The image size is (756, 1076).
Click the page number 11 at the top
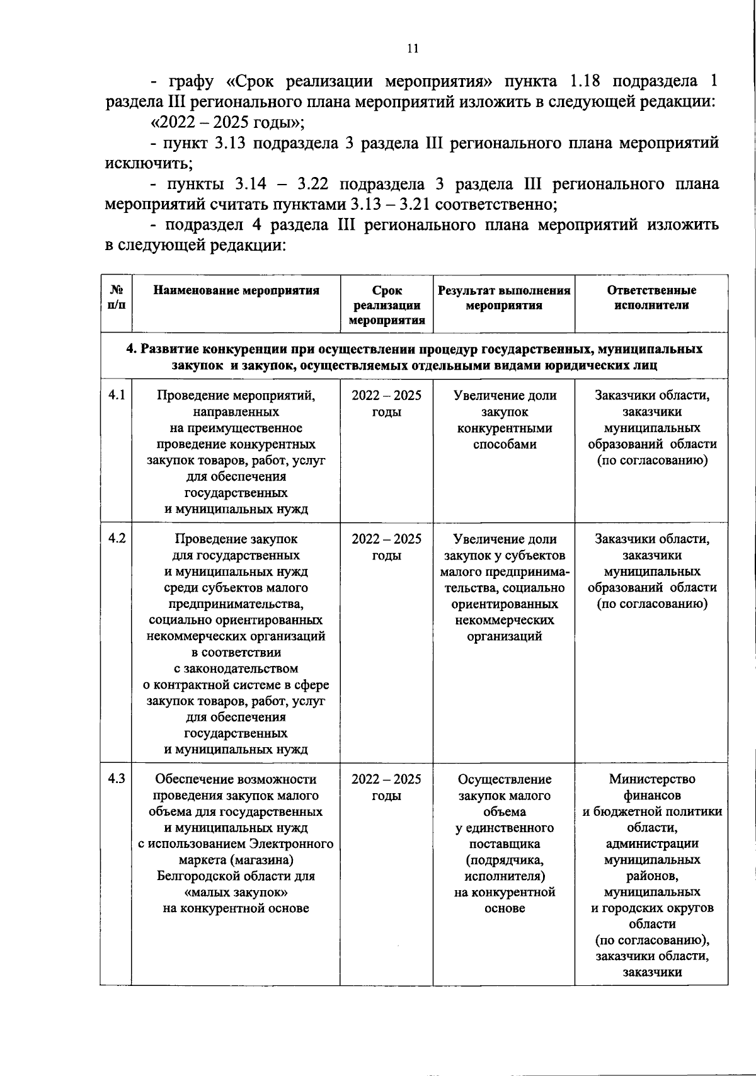coord(413,49)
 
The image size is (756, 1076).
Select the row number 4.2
coord(117,539)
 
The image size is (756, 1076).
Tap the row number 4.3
coord(117,779)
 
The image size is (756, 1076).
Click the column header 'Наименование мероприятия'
coord(236,290)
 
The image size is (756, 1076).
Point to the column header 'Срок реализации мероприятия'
coord(387,306)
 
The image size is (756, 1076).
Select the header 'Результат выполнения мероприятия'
coord(504,298)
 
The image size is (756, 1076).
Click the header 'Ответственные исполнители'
coord(651,298)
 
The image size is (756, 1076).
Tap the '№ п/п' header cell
coord(117,298)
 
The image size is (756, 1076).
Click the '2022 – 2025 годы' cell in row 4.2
coord(387,547)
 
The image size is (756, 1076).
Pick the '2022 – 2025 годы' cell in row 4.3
coord(387,787)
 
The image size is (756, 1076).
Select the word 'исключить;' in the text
coord(149,164)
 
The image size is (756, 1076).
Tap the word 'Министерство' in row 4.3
coord(652,779)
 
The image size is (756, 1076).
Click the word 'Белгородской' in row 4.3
coord(198,876)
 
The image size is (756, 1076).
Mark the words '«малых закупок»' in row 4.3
coord(236,892)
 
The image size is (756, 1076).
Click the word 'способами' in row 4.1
coord(505,444)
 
